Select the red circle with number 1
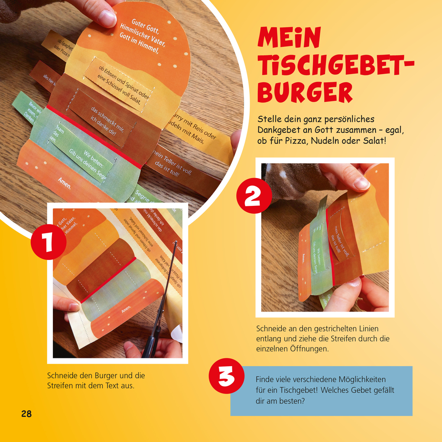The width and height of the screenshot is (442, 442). (49, 242)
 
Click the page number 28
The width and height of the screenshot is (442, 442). (26, 414)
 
